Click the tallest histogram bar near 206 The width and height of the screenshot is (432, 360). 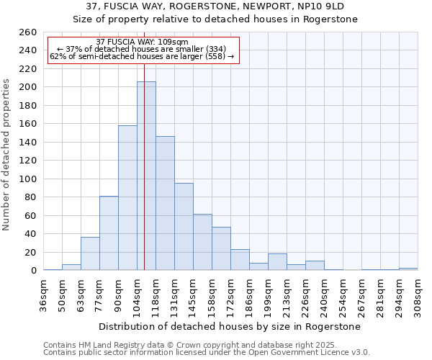tap(146, 176)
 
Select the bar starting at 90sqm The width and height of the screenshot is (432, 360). tap(127, 198)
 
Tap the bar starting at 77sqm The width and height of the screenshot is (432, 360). tap(109, 233)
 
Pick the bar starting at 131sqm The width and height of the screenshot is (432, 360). tap(184, 227)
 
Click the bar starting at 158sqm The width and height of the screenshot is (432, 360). tap(221, 248)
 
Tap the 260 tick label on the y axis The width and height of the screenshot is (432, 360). tap(28, 32)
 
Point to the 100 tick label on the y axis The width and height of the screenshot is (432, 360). tap(28, 179)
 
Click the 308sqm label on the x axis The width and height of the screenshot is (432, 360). tap(418, 295)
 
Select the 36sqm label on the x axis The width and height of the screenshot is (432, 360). tap(44, 295)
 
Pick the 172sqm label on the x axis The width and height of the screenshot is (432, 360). tap(231, 295)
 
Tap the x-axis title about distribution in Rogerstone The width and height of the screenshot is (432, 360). tap(229, 326)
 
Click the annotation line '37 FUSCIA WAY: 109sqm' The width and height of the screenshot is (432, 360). tap(142, 42)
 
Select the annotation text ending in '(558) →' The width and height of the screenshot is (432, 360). tap(142, 56)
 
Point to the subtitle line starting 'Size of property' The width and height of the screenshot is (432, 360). tap(215, 19)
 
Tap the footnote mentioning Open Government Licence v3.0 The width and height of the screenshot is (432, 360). tap(207, 353)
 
